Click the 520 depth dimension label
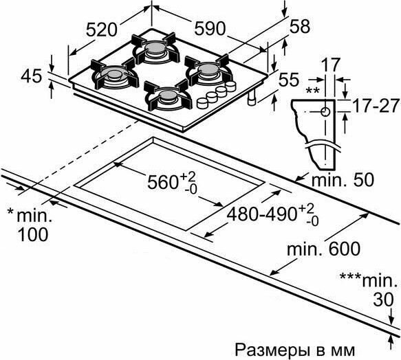101,30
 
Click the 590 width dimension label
210,28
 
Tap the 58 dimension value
300,26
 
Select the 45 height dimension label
31,76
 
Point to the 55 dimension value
288,80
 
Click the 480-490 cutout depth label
261,214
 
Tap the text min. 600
323,249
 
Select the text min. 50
343,179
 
